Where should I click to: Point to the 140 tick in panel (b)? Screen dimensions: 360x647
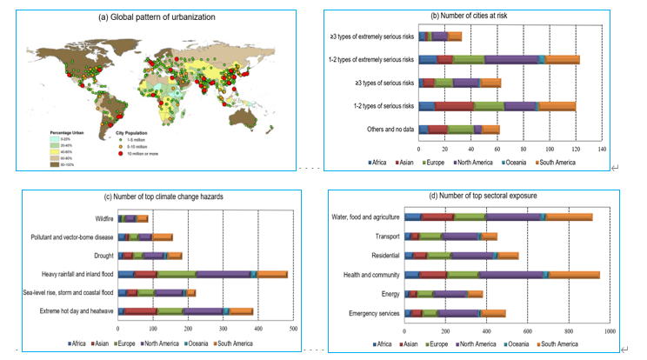pos(602,150)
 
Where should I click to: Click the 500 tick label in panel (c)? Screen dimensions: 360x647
pos(293,328)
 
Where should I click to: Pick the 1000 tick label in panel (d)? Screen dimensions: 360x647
pos(610,331)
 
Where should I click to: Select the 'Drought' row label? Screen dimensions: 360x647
pos(103,255)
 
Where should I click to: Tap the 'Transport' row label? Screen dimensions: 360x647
pos(387,236)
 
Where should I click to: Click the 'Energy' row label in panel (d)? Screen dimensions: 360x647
pos(390,294)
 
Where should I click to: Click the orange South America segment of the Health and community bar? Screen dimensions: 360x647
pos(574,275)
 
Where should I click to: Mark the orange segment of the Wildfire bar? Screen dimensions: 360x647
pos(143,218)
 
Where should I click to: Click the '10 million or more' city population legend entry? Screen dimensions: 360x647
pos(138,155)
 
